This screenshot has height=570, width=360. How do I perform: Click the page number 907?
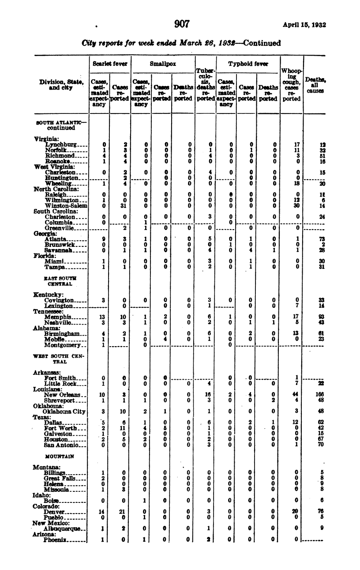181,24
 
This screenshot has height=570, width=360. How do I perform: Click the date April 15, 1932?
304,25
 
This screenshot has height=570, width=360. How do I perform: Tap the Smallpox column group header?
163,64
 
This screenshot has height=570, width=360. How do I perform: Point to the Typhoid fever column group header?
248,64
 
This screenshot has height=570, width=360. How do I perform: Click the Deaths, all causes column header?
315,85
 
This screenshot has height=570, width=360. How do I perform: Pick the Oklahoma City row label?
64,411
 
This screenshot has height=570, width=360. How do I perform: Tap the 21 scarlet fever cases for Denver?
124,511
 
